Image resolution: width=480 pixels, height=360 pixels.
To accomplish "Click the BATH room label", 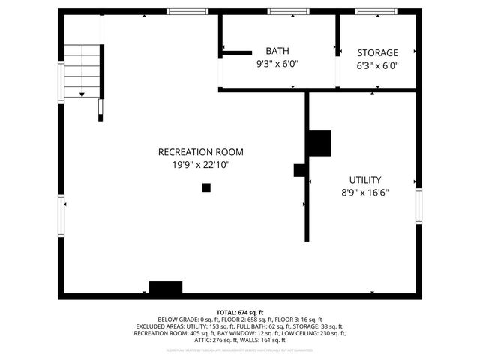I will click(x=277, y=51).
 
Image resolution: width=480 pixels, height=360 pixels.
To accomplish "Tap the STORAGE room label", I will click(x=377, y=52).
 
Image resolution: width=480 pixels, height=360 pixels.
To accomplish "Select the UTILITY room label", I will click(x=365, y=180).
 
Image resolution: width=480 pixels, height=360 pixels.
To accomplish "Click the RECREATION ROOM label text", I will click(x=200, y=152).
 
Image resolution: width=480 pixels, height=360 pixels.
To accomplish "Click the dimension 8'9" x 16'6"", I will click(x=365, y=193).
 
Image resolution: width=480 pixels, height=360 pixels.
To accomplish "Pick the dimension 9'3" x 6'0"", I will click(x=277, y=64).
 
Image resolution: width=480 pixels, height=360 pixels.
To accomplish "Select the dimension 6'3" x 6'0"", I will click(x=377, y=65).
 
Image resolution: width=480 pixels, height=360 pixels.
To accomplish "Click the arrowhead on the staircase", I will click(x=82, y=94).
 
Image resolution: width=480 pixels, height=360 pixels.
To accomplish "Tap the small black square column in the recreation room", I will click(x=206, y=187).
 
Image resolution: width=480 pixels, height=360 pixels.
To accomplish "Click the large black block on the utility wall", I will click(x=319, y=143).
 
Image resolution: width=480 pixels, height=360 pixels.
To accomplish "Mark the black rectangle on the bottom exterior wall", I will click(x=166, y=287).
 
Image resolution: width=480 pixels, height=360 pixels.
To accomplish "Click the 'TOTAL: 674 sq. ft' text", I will click(x=240, y=312).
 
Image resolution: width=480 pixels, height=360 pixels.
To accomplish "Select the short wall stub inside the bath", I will click(x=237, y=53).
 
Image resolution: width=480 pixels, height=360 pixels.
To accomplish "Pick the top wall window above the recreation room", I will click(x=187, y=11).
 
